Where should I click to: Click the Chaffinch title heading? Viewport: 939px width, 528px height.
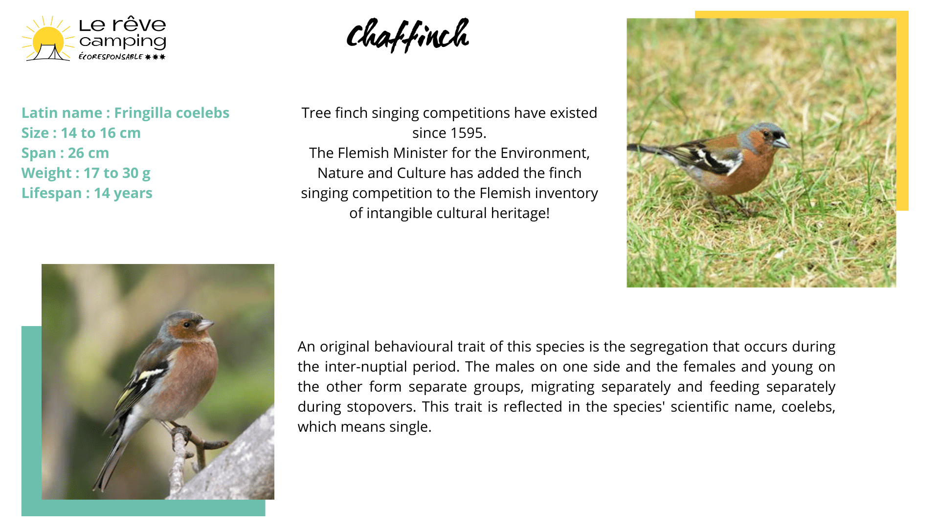408,35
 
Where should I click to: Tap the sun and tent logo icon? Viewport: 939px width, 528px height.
47,39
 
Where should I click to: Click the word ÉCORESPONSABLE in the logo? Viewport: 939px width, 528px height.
111,57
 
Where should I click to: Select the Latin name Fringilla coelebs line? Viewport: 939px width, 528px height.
125,113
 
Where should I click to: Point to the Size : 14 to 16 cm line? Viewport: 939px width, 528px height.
81,133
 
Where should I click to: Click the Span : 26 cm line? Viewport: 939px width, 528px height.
65,153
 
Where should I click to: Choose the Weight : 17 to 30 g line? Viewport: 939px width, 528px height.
86,173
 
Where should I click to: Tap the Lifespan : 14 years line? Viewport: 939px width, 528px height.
87,193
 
